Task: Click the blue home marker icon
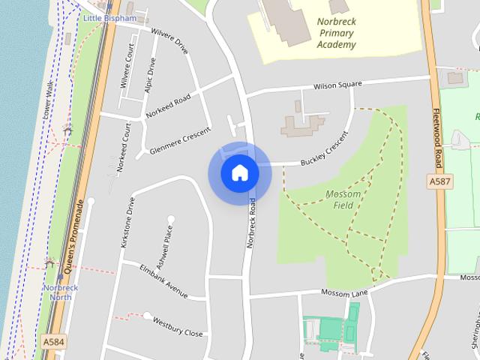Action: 239,173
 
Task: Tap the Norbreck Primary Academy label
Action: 336,34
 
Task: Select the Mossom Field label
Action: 344,199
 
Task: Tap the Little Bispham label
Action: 109,17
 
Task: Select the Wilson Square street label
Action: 337,85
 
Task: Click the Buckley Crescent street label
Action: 325,150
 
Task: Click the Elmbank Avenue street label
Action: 163,280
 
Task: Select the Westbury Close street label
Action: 178,327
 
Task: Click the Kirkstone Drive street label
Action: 125,223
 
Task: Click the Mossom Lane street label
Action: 346,292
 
